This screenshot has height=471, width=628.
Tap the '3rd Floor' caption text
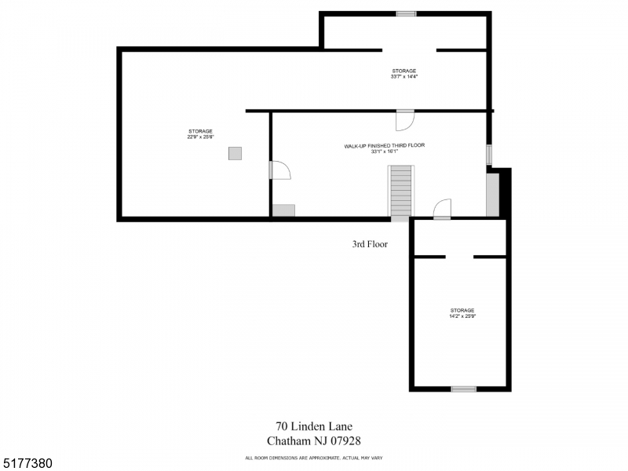[x=370, y=244]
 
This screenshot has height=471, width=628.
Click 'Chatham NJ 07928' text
[x=313, y=441]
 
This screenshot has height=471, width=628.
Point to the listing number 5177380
[x=27, y=464]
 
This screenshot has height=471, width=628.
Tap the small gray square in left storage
[x=235, y=154]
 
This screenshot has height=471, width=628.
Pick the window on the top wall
[x=406, y=13]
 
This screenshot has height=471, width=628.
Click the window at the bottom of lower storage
[x=463, y=389]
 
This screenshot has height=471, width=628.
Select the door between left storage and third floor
[x=279, y=170]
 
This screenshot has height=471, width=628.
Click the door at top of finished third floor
[x=405, y=119]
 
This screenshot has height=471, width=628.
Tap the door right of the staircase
[x=443, y=209]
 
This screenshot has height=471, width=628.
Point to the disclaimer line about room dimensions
[x=313, y=458]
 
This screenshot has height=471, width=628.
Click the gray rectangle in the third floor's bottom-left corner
[x=283, y=210]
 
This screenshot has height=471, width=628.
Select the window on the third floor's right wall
[x=489, y=154]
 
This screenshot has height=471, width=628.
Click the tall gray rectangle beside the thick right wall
[x=492, y=195]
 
